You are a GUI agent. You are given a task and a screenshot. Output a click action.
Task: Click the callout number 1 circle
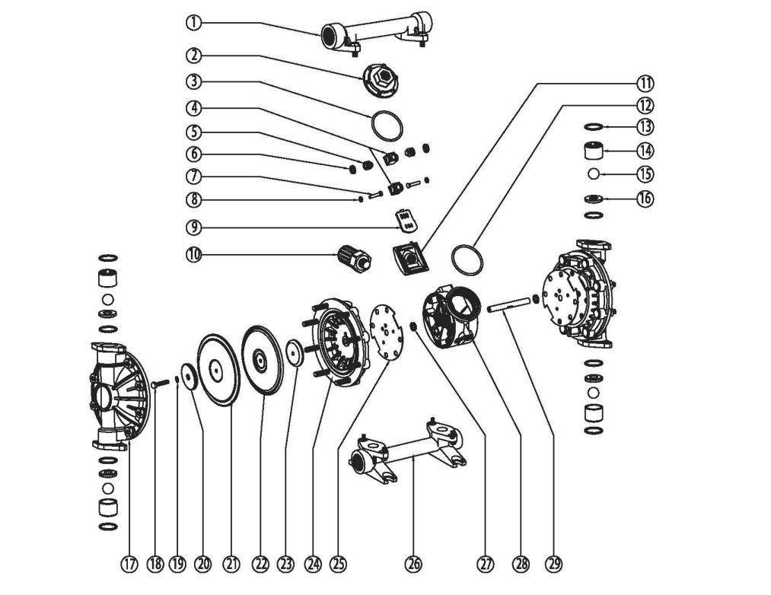pyautogui.click(x=194, y=23)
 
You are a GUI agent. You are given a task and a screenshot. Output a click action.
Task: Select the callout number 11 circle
pyautogui.click(x=645, y=82)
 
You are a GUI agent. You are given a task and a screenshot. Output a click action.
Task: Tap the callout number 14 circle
pyautogui.click(x=645, y=150)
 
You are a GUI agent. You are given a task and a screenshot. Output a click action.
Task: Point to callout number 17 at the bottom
pyautogui.click(x=130, y=564)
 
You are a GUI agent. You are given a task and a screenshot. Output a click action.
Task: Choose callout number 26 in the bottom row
pyautogui.click(x=413, y=564)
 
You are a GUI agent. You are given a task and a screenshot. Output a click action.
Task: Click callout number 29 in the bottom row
pyautogui.click(x=554, y=564)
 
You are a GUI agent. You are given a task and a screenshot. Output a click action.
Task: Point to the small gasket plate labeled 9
pyautogui.click(x=407, y=221)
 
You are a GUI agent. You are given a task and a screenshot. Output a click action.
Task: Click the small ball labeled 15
pyautogui.click(x=594, y=173)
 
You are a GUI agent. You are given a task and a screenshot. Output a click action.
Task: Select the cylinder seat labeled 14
pyautogui.click(x=594, y=149)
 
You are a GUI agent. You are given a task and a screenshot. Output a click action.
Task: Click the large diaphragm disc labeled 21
pyautogui.click(x=218, y=369)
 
